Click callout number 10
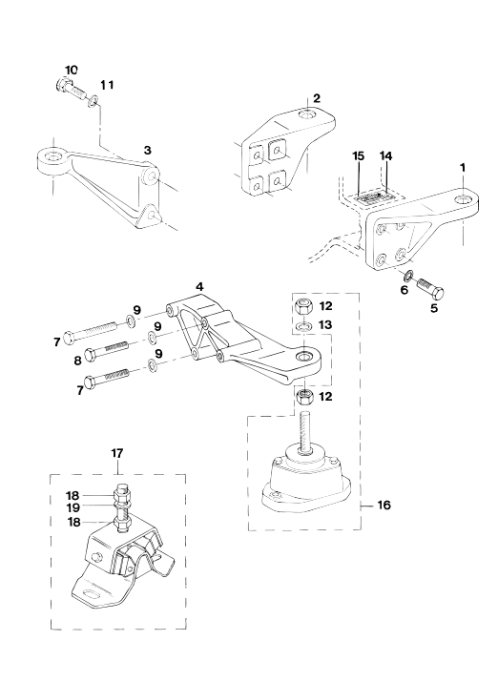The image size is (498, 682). [x=72, y=70]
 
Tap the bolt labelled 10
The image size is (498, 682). [x=73, y=88]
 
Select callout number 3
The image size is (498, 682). [x=148, y=151]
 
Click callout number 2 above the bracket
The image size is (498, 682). [x=316, y=98]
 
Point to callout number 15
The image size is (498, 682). [x=359, y=156]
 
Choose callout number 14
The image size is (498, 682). [x=385, y=155]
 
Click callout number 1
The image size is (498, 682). [x=463, y=168]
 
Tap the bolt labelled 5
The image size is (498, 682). [x=429, y=289]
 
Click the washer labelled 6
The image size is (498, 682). [x=409, y=276]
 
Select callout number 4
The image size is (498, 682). [x=199, y=287]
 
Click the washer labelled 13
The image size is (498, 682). [x=303, y=326]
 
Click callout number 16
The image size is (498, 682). [x=384, y=506]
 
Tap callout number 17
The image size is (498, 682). [x=117, y=453]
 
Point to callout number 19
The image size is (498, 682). [x=73, y=506]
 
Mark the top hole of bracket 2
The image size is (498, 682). [x=309, y=115]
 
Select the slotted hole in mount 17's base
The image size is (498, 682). [x=91, y=595]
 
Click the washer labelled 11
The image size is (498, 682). [x=93, y=103]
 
